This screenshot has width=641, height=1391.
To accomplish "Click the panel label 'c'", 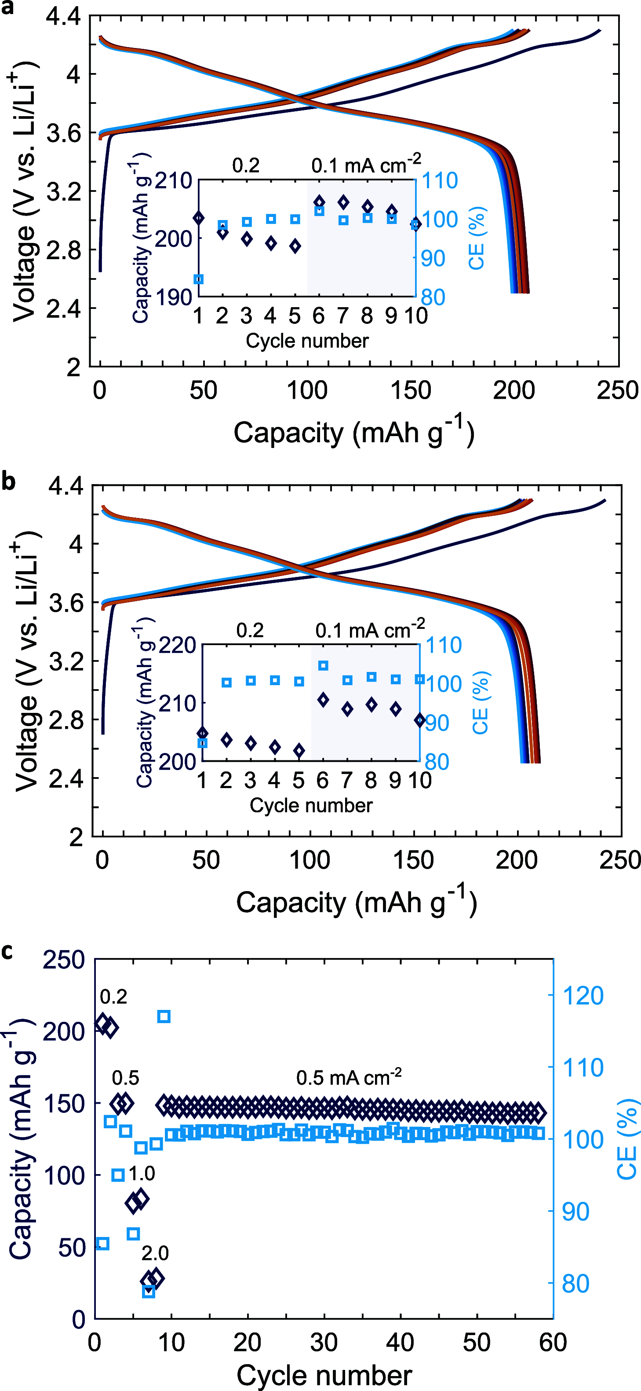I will point(7,951).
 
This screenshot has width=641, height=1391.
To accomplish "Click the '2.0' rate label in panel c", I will point(155,1253).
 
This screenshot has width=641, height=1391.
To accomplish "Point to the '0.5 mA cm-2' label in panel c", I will point(349,1078).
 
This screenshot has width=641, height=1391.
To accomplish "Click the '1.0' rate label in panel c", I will point(142,1173).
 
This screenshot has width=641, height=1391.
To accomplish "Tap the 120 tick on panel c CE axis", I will point(582,996).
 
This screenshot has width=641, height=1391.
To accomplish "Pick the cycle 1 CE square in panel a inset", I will point(199,279).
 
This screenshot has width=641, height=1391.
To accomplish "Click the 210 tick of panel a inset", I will point(173,180).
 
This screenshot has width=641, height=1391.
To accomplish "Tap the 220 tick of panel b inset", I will point(177,645).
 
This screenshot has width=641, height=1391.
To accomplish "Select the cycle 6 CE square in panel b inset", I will point(323,666).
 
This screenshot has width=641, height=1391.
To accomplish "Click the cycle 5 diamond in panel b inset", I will point(299,751).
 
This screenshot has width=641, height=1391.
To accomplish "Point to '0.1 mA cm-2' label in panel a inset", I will point(366,165).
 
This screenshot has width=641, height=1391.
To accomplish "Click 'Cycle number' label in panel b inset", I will point(311,805).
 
